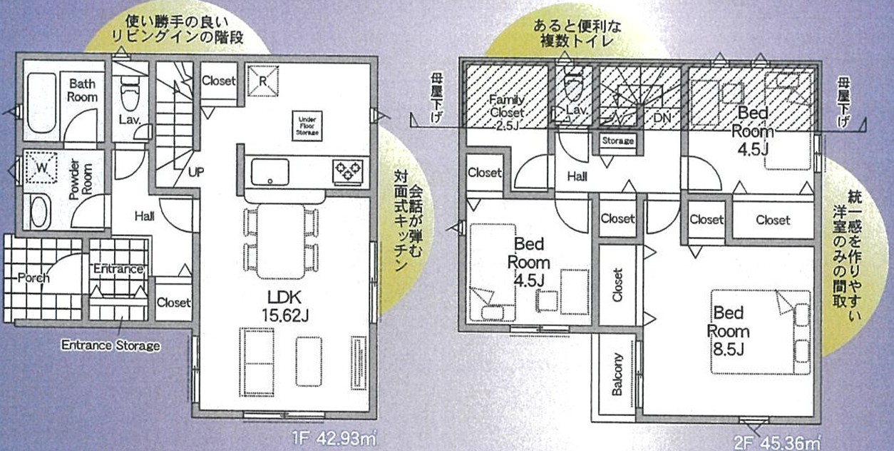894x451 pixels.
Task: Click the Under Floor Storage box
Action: [307, 126]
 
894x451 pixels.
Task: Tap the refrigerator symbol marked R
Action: [262, 81]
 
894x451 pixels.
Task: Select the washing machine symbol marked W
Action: [41, 168]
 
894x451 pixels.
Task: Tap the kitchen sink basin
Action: [269, 172]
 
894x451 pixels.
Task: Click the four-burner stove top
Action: [348, 172]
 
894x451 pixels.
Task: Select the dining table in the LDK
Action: [281, 241]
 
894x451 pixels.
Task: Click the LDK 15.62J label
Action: [285, 306]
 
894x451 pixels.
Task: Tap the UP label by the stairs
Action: [196, 172]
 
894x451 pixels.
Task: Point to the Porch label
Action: [34, 277]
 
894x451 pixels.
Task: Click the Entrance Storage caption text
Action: [111, 345]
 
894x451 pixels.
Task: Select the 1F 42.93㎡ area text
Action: [334, 440]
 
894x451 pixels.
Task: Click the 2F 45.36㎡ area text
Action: [778, 443]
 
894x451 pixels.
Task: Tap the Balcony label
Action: [617, 375]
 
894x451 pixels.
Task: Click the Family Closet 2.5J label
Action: [507, 112]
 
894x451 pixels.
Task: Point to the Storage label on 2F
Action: [618, 141]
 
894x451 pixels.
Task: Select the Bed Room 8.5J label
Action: [729, 331]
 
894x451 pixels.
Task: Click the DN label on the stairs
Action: [662, 118]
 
